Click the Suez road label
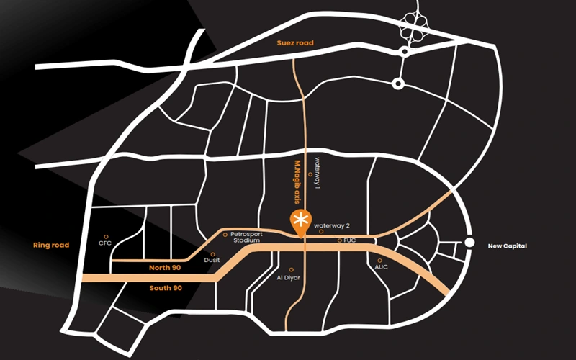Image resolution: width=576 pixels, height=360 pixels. point(297,43)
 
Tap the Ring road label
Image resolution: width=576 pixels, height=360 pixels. point(51,246)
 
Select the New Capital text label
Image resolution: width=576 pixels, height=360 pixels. point(508,246)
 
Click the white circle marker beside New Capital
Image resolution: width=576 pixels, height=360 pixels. point(469,243)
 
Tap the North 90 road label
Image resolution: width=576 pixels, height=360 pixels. point(165,268)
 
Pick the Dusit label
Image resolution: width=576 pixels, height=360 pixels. point(213,261)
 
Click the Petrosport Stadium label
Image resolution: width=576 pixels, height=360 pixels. point(245,237)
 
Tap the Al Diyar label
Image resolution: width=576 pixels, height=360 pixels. point(291,277)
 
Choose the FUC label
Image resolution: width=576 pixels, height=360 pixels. point(351,240)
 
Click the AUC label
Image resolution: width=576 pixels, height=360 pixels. point(381,267)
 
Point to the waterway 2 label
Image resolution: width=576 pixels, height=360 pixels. point(330,225)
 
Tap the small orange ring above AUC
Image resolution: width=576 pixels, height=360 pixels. point(379,260)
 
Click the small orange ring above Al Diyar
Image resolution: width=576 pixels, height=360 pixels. point(291,269)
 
